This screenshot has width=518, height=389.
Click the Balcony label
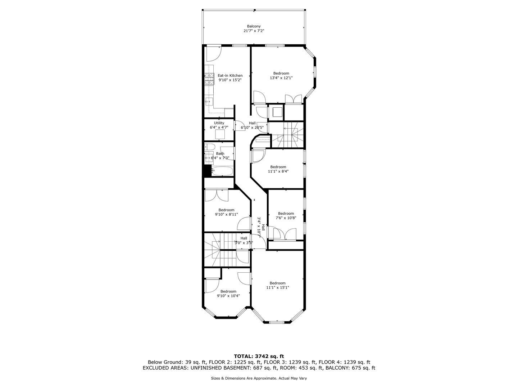click(x=254, y=26)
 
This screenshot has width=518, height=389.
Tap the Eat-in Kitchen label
click(x=230, y=76)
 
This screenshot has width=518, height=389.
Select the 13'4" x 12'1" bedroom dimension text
click(x=281, y=78)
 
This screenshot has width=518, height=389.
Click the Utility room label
click(x=219, y=123)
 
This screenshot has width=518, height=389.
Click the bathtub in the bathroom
click(x=222, y=171)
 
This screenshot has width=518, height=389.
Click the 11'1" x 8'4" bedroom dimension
click(x=278, y=171)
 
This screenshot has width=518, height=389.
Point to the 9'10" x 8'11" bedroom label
click(x=226, y=210)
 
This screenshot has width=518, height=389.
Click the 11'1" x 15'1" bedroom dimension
click(x=277, y=287)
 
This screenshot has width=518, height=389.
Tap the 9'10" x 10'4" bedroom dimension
click(x=228, y=296)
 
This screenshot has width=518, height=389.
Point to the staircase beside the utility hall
click(x=287, y=135)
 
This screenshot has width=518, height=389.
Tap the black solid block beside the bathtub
click(x=207, y=171)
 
